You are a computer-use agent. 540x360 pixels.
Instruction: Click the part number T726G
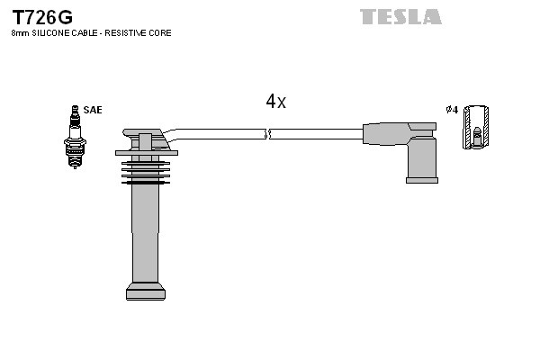click(x=41, y=17)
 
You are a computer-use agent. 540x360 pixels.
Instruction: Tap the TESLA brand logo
click(x=400, y=17)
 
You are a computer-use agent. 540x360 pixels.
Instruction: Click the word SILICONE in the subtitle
click(x=49, y=33)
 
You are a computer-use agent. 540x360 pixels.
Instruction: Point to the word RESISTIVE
click(x=130, y=33)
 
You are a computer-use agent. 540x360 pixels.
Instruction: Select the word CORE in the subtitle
click(x=161, y=33)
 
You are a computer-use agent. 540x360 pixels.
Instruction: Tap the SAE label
click(x=93, y=110)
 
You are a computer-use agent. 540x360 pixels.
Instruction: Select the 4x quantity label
click(x=275, y=103)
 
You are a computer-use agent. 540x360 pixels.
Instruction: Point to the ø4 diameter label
click(x=452, y=110)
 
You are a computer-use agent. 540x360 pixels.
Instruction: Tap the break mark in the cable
click(x=267, y=134)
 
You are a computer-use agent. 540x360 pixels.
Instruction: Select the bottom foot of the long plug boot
click(x=146, y=291)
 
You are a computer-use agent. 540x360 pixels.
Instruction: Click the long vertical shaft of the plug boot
click(x=146, y=234)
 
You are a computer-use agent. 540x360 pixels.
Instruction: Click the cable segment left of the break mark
click(x=220, y=134)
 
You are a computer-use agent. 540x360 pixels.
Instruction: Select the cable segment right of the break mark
click(x=315, y=134)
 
